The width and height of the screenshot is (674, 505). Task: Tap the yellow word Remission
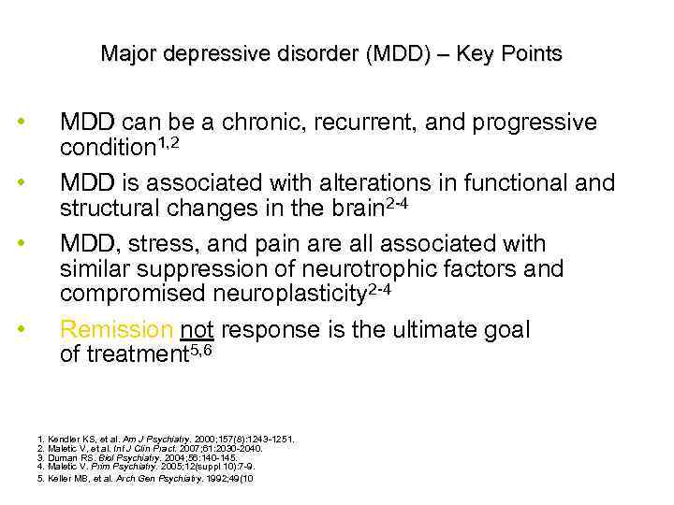pyautogui.click(x=116, y=329)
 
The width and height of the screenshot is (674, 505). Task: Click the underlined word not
pyautogui.click(x=196, y=329)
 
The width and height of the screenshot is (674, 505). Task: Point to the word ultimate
pyautogui.click(x=420, y=329)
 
